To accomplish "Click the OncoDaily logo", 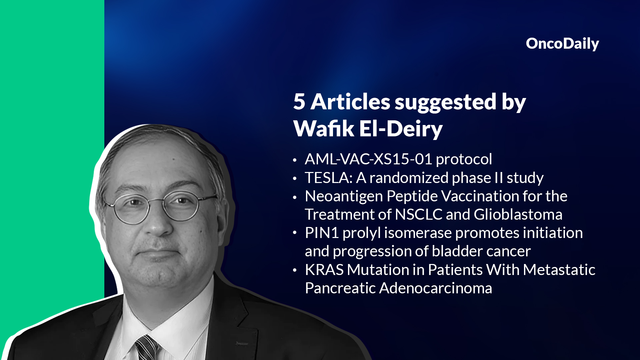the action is (x=562, y=44).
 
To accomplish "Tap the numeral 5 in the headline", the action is (x=299, y=101).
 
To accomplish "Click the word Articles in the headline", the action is (x=350, y=101).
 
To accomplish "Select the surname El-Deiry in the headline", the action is (x=401, y=128).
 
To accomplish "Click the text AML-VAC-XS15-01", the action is (x=368, y=159).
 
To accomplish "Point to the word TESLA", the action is (x=329, y=178).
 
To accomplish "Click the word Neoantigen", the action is (x=344, y=196).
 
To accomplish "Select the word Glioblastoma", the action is (x=518, y=214).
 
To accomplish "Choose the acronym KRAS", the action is (x=324, y=270).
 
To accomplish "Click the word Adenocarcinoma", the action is (x=436, y=288).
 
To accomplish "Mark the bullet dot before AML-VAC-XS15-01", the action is (x=295, y=160).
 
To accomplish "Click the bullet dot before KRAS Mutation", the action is (x=295, y=271).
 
